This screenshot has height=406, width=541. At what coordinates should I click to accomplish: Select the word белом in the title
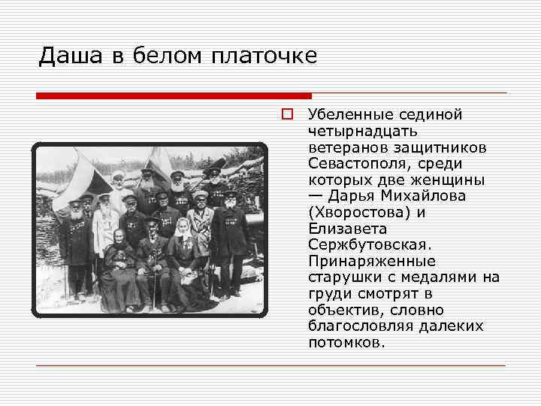tap(168, 56)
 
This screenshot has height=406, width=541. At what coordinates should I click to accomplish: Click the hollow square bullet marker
tap(286, 115)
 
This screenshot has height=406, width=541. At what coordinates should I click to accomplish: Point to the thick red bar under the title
tap(174, 96)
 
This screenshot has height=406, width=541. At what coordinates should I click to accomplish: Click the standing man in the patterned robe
tap(201, 226)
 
